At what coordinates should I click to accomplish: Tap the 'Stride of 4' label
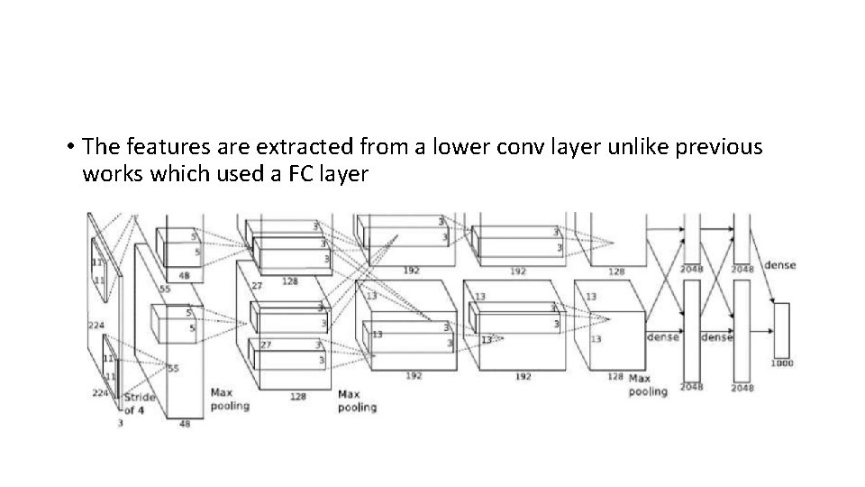click(x=139, y=404)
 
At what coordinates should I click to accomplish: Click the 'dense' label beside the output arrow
click(x=779, y=264)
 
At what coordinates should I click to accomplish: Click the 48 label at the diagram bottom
click(x=185, y=423)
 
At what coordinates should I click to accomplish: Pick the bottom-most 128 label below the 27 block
click(x=298, y=396)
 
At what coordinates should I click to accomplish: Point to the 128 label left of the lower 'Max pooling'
click(x=615, y=376)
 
